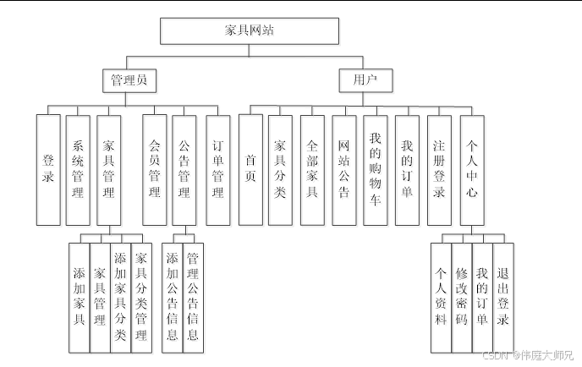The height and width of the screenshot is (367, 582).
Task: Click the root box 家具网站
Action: pyautogui.click(x=250, y=30)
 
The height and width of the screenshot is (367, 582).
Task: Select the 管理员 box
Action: pyautogui.click(x=129, y=80)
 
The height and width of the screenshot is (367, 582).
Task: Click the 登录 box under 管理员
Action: pyautogui.click(x=48, y=169)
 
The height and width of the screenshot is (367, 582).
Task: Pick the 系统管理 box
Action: pyautogui.click(x=78, y=169)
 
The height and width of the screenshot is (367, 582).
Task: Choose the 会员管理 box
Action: pyautogui.click(x=155, y=169)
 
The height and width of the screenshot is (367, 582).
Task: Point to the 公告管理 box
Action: pyautogui.click(x=184, y=169)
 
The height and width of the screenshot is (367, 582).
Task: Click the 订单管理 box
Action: pyautogui.click(x=217, y=169)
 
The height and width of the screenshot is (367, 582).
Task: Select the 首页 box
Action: pyautogui.click(x=250, y=169)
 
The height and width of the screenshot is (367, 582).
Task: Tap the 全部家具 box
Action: pyautogui.click(x=312, y=169)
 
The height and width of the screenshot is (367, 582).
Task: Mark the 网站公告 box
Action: pyautogui.click(x=343, y=169)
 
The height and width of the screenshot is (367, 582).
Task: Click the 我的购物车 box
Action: pyautogui.click(x=376, y=169)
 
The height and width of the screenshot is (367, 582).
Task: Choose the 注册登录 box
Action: pyautogui.click(x=439, y=169)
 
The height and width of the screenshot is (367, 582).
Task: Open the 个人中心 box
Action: pyautogui.click(x=472, y=169)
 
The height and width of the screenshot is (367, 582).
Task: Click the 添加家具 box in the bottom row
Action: pyautogui.click(x=79, y=296)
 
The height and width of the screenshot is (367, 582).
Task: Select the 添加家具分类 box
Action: pyautogui.click(x=120, y=296)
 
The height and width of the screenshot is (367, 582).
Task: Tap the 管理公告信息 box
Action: pyautogui.click(x=193, y=296)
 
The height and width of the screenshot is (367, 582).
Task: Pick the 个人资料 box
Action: pyautogui.click(x=441, y=296)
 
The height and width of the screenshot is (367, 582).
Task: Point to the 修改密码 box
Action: pyautogui.click(x=461, y=296)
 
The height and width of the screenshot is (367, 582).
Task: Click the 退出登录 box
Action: pyautogui.click(x=502, y=296)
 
